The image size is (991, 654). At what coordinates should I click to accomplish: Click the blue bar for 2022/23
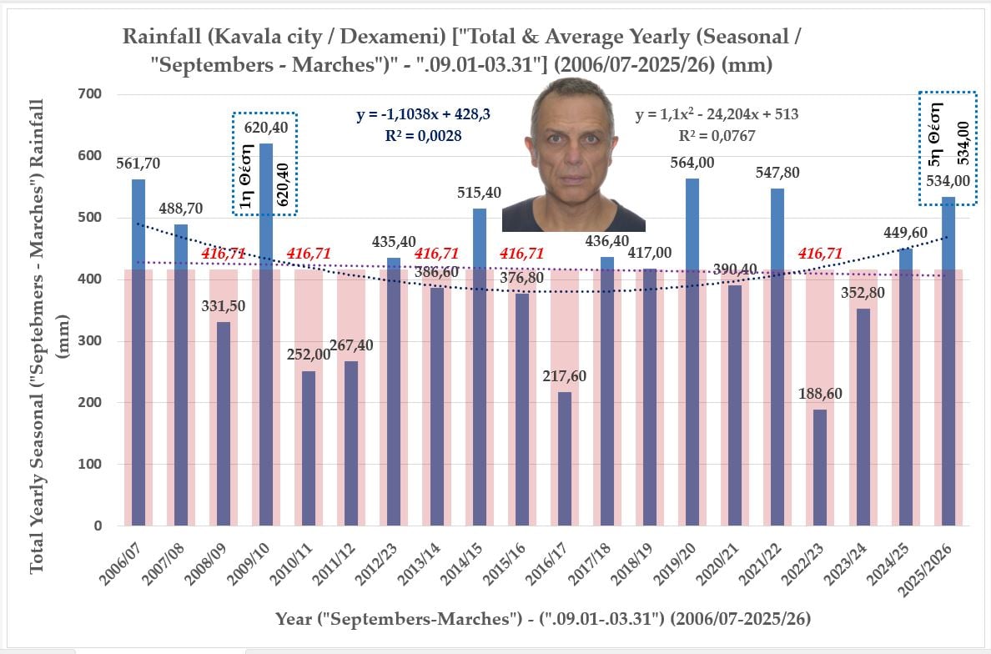tap(819, 467)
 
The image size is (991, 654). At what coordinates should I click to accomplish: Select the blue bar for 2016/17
tap(565, 459)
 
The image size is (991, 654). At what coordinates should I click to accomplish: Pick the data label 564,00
tap(692, 163)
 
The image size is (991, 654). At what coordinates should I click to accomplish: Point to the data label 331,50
tap(224, 305)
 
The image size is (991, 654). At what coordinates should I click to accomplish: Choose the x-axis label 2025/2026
tap(931, 572)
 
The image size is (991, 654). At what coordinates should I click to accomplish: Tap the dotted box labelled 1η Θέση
tap(264, 163)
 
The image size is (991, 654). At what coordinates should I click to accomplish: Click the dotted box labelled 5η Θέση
tap(947, 148)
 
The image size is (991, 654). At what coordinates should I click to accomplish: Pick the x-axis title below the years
tap(543, 619)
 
